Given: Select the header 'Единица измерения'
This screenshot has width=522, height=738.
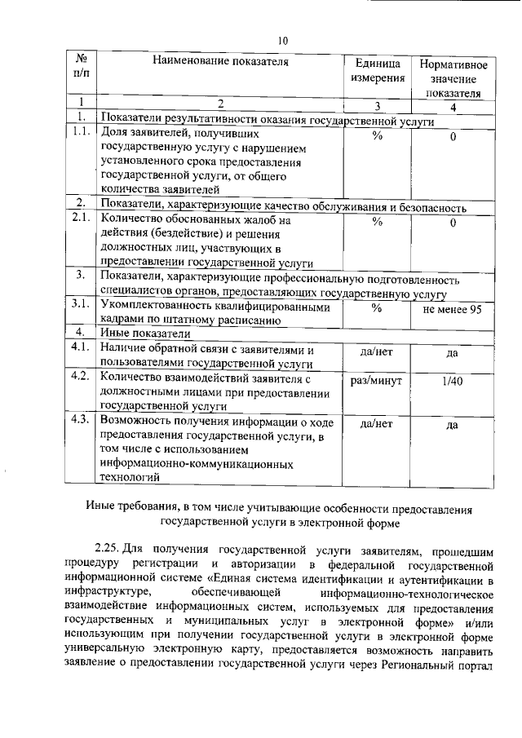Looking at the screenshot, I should pos(378,70).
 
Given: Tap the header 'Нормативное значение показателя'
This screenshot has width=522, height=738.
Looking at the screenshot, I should pos(453,78).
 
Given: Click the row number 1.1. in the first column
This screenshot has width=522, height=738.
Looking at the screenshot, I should pos(81,132).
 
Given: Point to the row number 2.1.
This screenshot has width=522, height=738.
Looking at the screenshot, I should pos(81,219).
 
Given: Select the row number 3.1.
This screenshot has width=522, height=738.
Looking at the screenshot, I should pos(81,305).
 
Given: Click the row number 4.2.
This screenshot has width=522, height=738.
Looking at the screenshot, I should pos(81,377).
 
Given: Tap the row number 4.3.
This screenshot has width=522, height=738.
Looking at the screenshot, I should pos(81,420).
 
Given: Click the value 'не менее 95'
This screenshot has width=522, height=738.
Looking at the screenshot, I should pos(453,310).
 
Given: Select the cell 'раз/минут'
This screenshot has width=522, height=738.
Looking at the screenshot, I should pos(378,381).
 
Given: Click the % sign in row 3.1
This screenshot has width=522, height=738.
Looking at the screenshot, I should pos(377,309).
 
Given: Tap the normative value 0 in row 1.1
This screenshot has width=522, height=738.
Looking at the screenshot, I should pos(453,137).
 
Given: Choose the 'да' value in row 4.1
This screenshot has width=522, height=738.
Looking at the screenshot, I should pos(453,353).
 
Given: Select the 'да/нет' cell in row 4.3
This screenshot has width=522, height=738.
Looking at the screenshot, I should pos(377,424).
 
